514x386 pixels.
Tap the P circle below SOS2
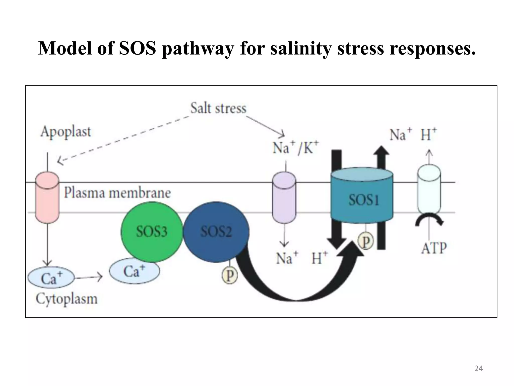(x=230, y=276)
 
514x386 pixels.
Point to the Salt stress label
(x=218, y=108)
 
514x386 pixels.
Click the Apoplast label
(x=66, y=132)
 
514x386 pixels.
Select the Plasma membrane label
(x=117, y=193)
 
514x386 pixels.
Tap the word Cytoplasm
(x=67, y=299)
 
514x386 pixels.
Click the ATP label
(x=434, y=248)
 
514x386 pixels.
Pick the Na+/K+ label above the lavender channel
(x=296, y=148)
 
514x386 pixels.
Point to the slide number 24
(x=479, y=368)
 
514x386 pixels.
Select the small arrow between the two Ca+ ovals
(x=89, y=277)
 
